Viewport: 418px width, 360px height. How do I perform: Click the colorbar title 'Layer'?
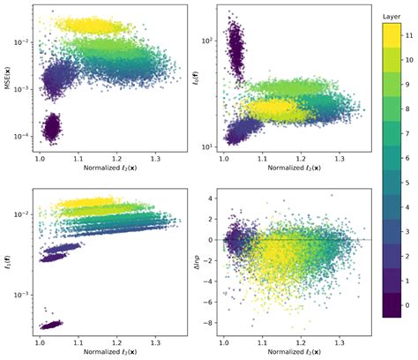point(392,16)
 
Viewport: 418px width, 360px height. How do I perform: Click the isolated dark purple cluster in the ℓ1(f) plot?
point(51,323)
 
